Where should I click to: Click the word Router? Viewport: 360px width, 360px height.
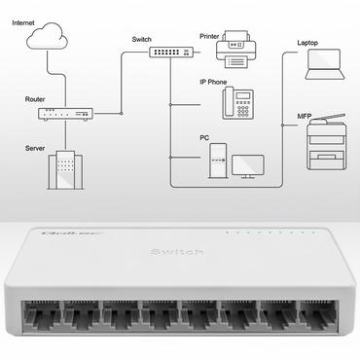click(x=36, y=99)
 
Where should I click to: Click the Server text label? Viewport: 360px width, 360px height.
click(x=36, y=148)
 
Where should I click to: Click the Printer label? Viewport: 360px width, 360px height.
click(x=209, y=37)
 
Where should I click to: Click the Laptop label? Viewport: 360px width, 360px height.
click(x=308, y=44)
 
